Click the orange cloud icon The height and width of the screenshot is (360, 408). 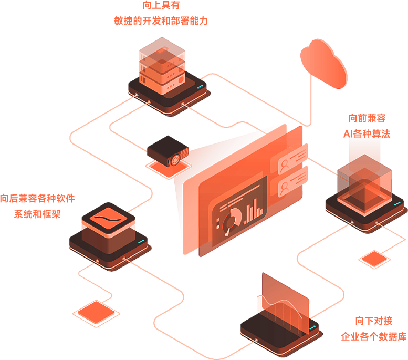click(x=325, y=63)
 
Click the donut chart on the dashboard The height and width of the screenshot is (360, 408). click(x=232, y=217)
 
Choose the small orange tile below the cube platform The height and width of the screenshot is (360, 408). click(x=374, y=258)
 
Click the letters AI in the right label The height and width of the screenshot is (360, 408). click(x=349, y=133)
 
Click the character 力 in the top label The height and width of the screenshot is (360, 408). click(x=204, y=21)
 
